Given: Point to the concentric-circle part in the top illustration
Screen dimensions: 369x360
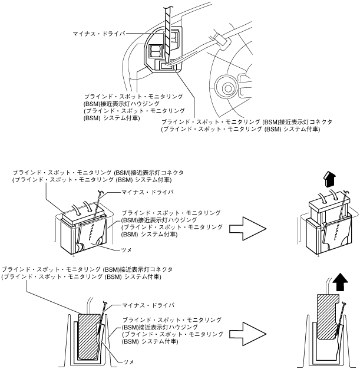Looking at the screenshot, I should click(x=224, y=86).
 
